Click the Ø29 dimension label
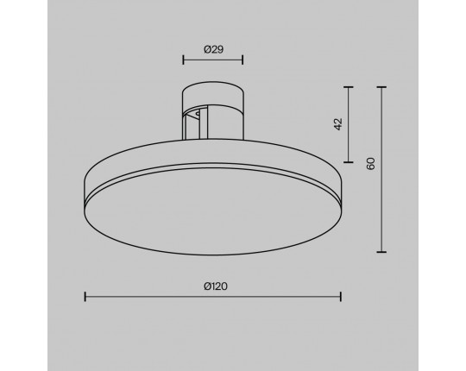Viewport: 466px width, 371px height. [213, 49]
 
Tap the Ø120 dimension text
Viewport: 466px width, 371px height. [216, 286]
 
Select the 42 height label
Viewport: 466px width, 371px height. [338, 124]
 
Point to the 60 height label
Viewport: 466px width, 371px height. [370, 164]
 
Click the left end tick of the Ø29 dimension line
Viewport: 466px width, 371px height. [183, 60]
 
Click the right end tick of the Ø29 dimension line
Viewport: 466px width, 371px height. [242, 60]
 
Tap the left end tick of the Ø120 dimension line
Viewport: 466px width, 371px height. [85, 297]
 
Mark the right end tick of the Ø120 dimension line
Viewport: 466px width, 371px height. [341, 297]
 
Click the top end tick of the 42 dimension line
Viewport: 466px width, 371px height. [349, 87]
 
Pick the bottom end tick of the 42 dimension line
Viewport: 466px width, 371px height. [349, 162]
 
